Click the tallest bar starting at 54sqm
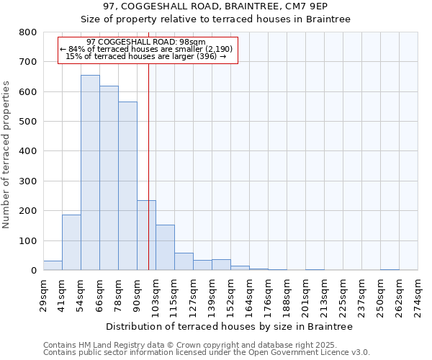pyautogui.click(x=90, y=173)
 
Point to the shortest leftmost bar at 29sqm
pyautogui.click(x=53, y=266)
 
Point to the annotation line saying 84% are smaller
pyautogui.click(x=146, y=49)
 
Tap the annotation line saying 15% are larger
pyautogui.click(x=146, y=56)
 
